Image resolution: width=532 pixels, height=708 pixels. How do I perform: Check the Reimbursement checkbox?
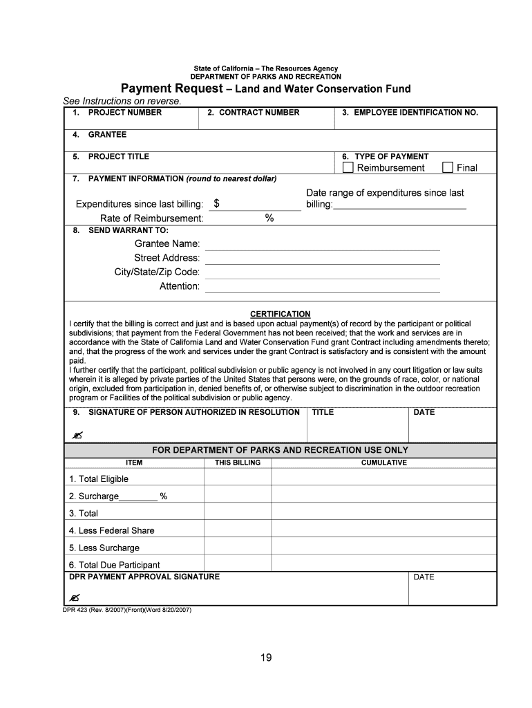click(348, 167)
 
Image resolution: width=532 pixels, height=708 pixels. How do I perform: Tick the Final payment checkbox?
click(448, 167)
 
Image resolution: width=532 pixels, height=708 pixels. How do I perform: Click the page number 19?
click(266, 658)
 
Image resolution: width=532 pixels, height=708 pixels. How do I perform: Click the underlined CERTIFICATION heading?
click(280, 314)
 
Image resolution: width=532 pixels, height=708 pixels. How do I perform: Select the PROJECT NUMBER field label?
click(124, 112)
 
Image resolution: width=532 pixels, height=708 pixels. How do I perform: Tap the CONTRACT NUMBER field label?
click(259, 112)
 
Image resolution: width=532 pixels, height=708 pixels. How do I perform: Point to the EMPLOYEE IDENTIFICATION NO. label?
click(416, 112)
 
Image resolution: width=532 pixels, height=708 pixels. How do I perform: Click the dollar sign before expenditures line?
click(217, 203)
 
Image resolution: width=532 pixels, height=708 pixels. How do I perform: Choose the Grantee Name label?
click(167, 244)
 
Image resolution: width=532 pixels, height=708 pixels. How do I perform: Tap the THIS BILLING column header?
click(238, 463)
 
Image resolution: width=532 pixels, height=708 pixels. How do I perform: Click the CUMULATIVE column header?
click(384, 463)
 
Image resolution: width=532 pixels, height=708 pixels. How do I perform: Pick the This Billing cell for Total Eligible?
click(238, 478)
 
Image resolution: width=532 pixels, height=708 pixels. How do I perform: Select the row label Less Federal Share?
click(111, 530)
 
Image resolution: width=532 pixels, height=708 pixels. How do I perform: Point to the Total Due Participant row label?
click(114, 565)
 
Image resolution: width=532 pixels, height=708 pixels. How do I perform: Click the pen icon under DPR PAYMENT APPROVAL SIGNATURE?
click(75, 597)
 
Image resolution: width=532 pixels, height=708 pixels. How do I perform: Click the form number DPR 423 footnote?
click(127, 611)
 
